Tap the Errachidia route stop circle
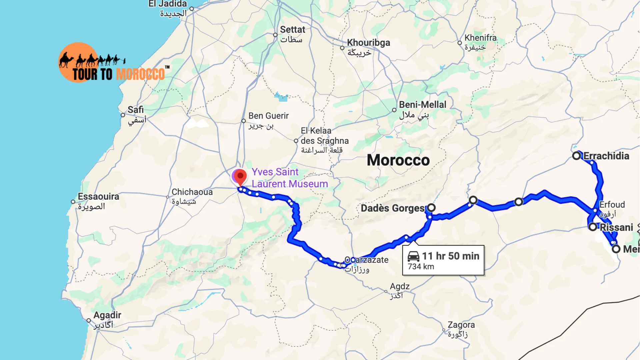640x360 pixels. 576,156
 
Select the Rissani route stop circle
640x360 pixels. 593,227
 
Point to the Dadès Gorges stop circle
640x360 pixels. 431,208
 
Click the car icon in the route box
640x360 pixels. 413,256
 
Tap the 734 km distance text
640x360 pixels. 421,267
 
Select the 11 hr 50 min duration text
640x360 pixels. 451,256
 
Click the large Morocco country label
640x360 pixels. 398,160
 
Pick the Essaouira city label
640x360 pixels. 98,197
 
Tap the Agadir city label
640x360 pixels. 107,315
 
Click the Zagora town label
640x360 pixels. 461,325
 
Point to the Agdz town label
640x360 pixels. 400,287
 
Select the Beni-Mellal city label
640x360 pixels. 422,105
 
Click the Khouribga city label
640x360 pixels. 368,43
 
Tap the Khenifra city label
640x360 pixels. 480,38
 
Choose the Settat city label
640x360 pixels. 292,30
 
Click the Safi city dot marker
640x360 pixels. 123,115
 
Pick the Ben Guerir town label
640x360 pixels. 268,116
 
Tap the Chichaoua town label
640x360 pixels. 192,192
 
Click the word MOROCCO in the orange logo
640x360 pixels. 141,74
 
